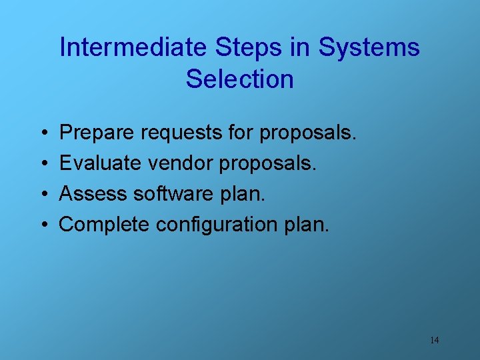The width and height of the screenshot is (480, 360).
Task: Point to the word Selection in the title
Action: click(240, 79)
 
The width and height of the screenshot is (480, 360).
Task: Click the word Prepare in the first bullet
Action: click(97, 133)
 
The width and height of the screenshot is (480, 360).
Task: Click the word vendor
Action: click(178, 163)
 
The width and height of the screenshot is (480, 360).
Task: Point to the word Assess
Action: click(94, 194)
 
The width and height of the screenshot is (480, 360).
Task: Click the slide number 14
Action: click(434, 340)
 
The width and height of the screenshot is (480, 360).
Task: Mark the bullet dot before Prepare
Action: click(41, 133)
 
